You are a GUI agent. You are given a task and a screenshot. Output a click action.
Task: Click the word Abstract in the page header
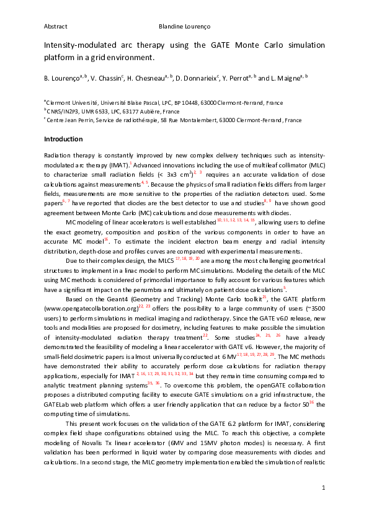(55, 27)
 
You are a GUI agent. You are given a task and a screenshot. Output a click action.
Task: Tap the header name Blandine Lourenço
(185, 27)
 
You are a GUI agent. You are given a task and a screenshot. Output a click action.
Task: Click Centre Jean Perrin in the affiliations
(69, 120)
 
